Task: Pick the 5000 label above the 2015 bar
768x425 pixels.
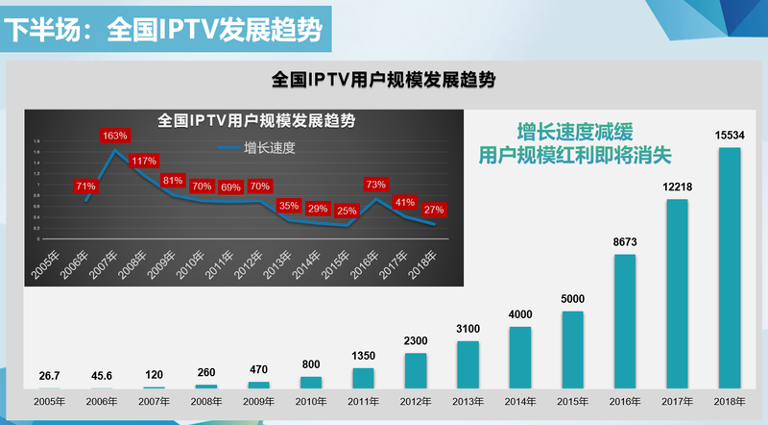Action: coord(573,297)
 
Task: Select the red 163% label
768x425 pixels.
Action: coord(115,137)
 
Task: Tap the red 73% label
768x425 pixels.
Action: coord(376,184)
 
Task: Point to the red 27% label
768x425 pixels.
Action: coord(434,209)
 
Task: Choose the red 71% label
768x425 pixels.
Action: coord(85,186)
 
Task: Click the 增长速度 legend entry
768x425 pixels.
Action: coord(256,147)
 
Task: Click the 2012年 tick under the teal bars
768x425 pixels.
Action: coord(416,401)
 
